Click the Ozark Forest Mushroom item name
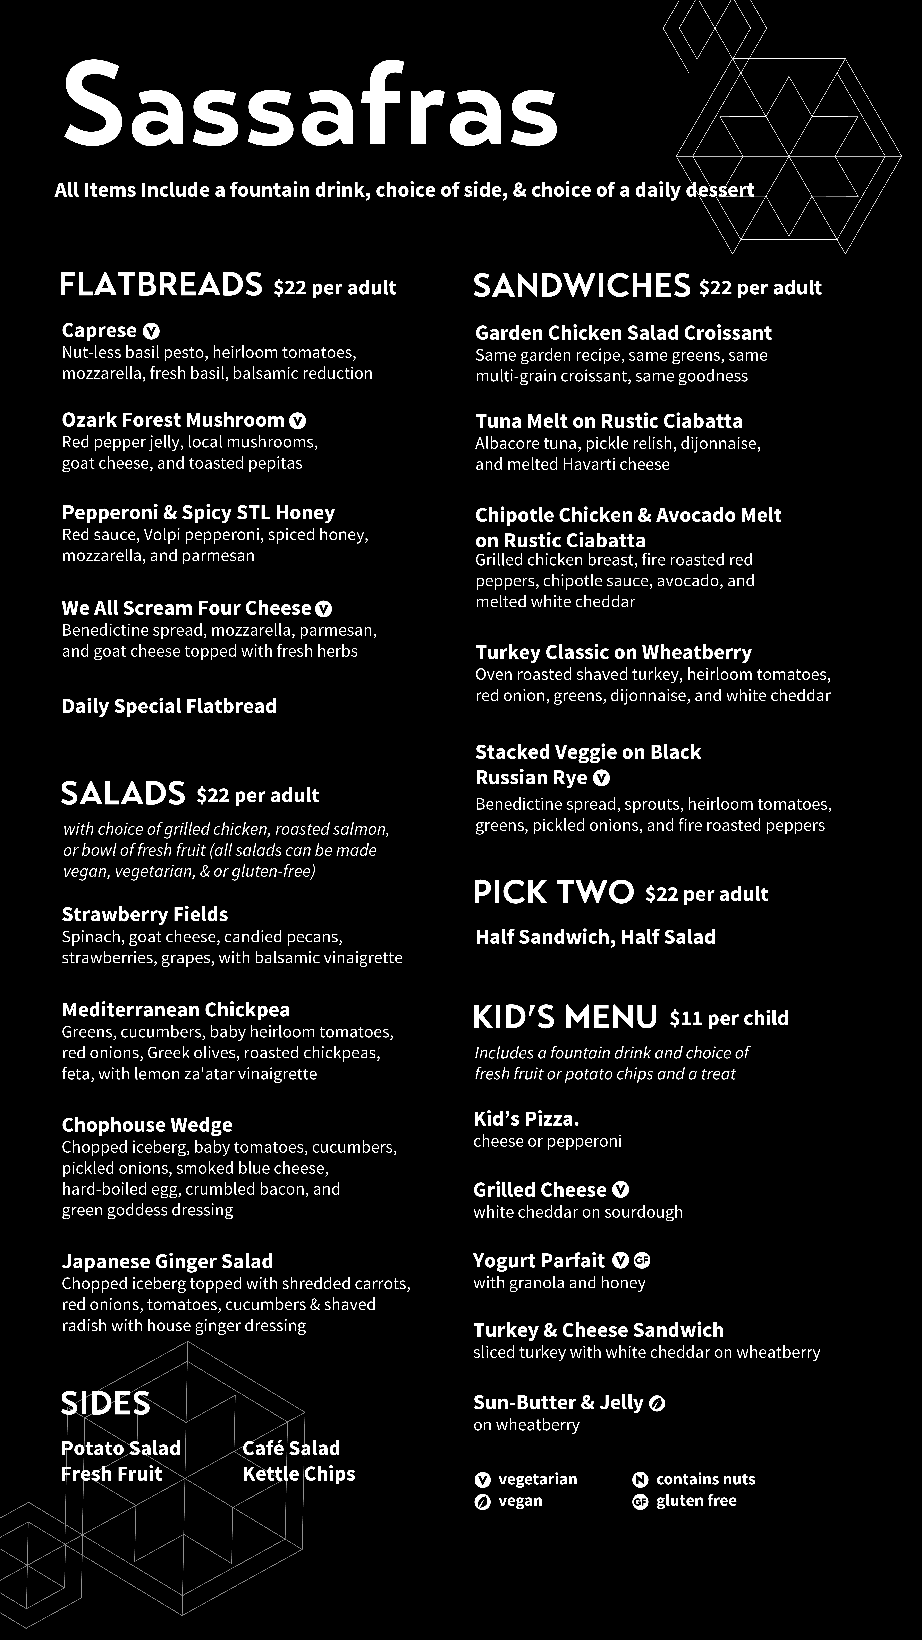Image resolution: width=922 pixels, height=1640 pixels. [x=172, y=420]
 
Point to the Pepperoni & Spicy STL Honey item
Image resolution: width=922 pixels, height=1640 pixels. [x=198, y=512]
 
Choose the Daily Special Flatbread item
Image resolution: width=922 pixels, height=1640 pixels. [x=169, y=706]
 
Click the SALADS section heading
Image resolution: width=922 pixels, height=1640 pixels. [x=123, y=793]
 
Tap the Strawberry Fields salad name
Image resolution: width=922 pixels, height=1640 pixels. [x=144, y=914]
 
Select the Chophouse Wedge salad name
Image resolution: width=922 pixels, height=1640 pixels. [x=147, y=1125]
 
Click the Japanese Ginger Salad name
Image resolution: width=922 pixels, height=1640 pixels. [x=167, y=1261]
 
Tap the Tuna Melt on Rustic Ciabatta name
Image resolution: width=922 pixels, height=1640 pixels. [x=609, y=421]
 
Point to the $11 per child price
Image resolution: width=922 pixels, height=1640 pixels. [x=729, y=1018]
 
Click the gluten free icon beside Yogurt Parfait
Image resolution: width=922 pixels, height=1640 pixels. [x=642, y=1261]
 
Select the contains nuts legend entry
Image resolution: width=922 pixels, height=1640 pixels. [x=694, y=1479]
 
